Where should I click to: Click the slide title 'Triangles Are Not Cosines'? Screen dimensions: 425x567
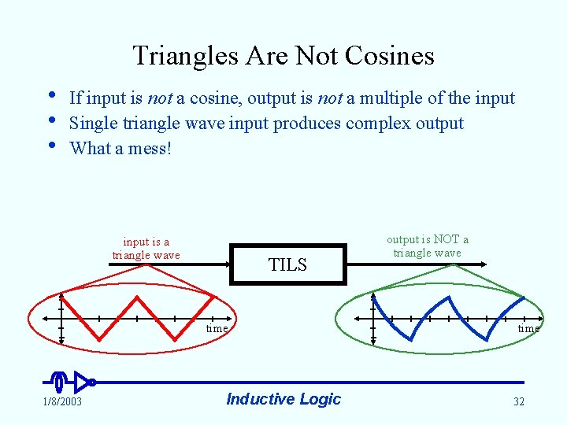[x=283, y=56]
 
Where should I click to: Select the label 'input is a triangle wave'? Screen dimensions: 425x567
[x=146, y=249]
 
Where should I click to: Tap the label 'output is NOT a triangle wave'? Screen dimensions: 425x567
[x=428, y=246]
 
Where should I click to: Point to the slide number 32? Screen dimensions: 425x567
[x=519, y=402]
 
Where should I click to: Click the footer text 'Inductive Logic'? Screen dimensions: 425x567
[x=283, y=399]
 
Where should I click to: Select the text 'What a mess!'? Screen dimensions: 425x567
[x=120, y=148]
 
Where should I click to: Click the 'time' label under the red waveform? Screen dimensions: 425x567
[x=217, y=328]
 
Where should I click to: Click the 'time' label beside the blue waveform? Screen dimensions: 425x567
[x=528, y=328]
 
